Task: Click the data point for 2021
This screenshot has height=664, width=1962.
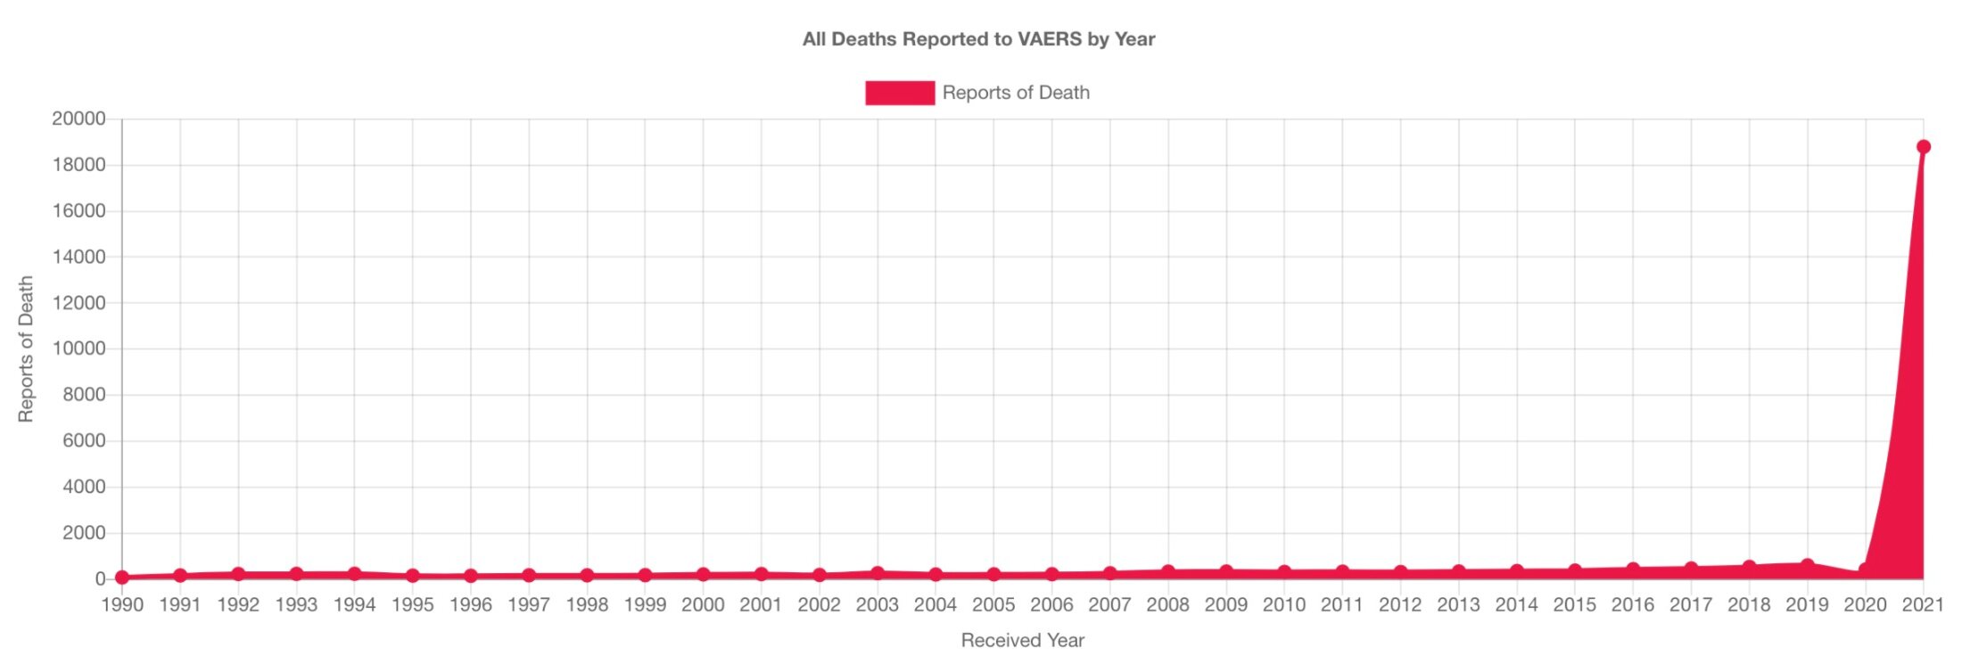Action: (1923, 147)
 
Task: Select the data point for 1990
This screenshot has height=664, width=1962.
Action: (122, 578)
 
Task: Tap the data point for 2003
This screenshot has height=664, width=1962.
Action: (878, 573)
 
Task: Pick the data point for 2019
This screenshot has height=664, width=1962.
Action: (1807, 565)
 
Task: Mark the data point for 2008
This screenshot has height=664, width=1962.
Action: (1168, 571)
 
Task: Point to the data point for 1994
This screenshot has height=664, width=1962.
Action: (354, 574)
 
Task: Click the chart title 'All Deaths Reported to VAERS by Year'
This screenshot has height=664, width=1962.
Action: (978, 39)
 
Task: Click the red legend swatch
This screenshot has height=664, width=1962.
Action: (899, 93)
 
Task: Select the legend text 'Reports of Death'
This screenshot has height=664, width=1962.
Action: (1016, 93)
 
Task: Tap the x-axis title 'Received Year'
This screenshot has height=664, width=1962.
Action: (1022, 640)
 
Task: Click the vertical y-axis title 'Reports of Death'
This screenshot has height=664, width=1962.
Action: (26, 348)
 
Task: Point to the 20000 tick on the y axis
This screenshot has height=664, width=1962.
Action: (78, 119)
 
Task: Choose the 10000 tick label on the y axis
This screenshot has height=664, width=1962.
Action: (78, 348)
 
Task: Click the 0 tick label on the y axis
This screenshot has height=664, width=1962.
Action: (100, 579)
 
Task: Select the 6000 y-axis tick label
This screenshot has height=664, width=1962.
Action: (84, 441)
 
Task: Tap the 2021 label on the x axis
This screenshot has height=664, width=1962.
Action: (1923, 605)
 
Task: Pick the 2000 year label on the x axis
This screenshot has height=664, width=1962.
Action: (703, 605)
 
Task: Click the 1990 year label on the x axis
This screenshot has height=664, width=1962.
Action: (122, 605)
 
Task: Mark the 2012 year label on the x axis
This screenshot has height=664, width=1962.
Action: (1400, 605)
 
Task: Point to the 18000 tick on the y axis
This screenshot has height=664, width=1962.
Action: (78, 165)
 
